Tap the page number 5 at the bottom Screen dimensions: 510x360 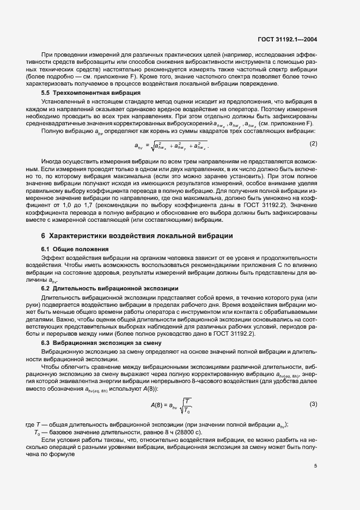(315, 466)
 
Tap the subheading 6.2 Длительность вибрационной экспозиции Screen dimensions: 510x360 (106, 287)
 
